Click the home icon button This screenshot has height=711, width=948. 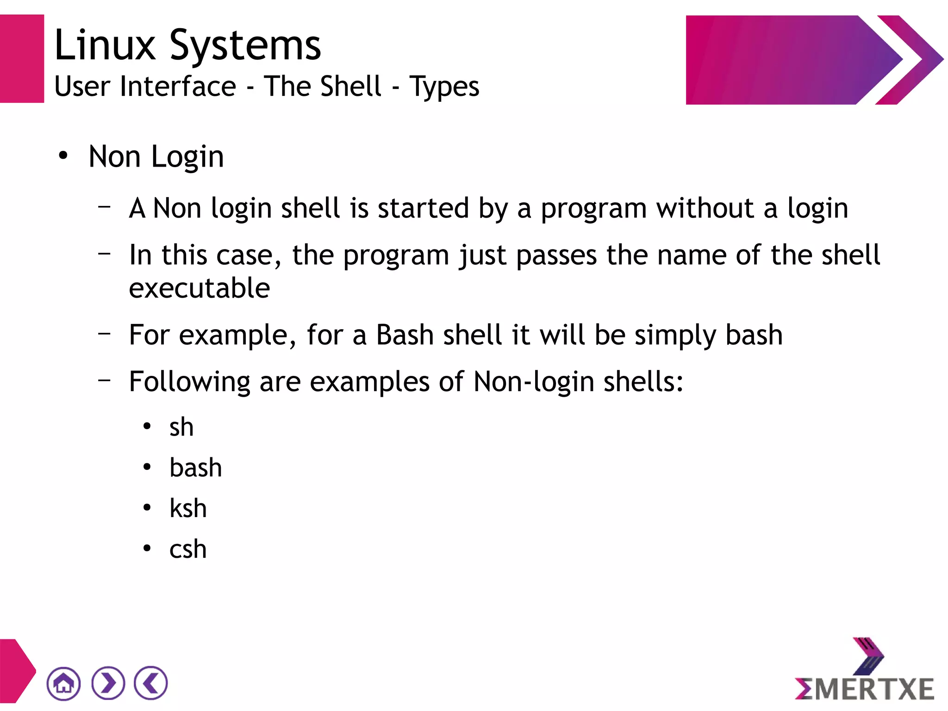point(63,683)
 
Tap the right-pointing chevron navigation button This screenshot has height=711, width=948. point(108,683)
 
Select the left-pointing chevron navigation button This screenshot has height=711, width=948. point(151,683)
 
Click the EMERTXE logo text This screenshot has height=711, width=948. point(865,689)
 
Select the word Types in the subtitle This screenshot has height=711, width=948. point(444,87)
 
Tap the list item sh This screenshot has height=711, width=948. point(181,427)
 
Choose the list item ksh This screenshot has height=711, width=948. point(188,508)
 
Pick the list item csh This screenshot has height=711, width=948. point(188,549)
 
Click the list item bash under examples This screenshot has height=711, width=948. point(196,468)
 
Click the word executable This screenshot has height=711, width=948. point(200,288)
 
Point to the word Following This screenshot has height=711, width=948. point(190,382)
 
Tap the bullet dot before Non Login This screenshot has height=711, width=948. point(63,156)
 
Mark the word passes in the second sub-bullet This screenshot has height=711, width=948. point(557,256)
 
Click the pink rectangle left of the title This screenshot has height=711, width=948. point(22,59)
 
